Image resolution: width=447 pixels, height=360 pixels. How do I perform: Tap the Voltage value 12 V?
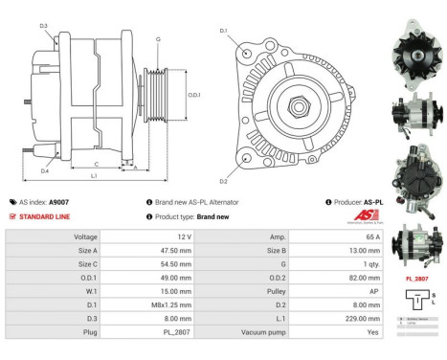(184, 236)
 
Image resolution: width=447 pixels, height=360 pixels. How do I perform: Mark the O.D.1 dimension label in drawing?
(194, 94)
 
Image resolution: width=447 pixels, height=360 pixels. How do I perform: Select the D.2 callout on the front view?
(223, 180)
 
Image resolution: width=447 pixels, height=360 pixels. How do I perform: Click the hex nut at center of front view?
(299, 101)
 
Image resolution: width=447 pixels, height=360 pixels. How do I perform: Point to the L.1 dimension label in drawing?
(93, 176)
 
